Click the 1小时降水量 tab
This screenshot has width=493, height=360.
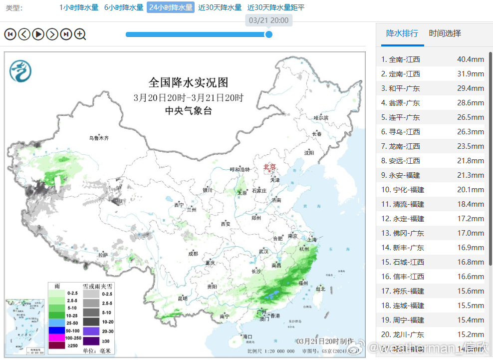79,7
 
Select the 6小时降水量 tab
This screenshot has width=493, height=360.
123,7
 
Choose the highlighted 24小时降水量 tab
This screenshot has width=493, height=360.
171,7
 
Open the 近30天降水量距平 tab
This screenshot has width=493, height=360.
275,7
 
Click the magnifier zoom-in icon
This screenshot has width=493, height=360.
80,34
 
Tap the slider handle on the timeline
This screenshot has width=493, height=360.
269,34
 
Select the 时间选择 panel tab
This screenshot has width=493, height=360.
445,33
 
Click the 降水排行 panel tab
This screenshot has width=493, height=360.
402,33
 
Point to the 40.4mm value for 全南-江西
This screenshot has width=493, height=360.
470,59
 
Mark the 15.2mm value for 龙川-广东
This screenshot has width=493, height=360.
470,335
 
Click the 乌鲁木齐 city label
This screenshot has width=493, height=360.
99,138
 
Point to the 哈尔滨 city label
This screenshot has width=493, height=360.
321,118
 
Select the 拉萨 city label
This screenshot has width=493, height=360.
103,255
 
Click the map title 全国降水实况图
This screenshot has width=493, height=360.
188,82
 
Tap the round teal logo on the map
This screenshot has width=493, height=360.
20,71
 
